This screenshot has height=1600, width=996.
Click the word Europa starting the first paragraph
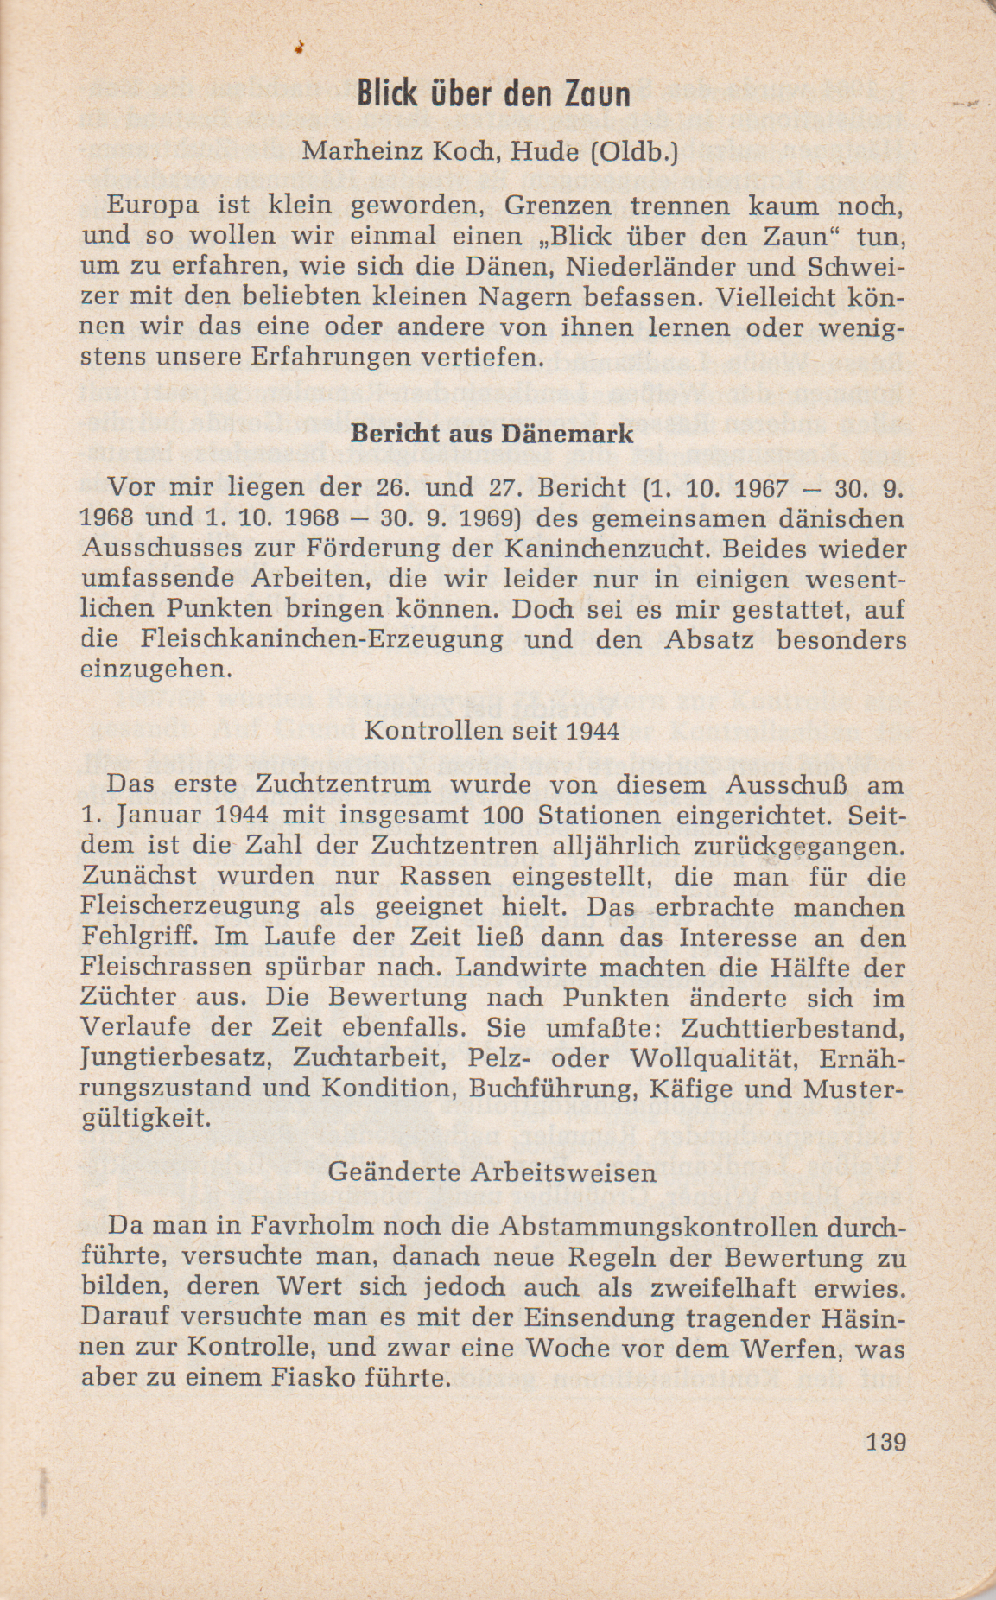[154, 206]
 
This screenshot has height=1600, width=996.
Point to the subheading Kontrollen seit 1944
[492, 731]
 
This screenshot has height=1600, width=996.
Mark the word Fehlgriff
[140, 937]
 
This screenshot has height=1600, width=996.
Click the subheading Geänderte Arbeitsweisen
[492, 1172]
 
